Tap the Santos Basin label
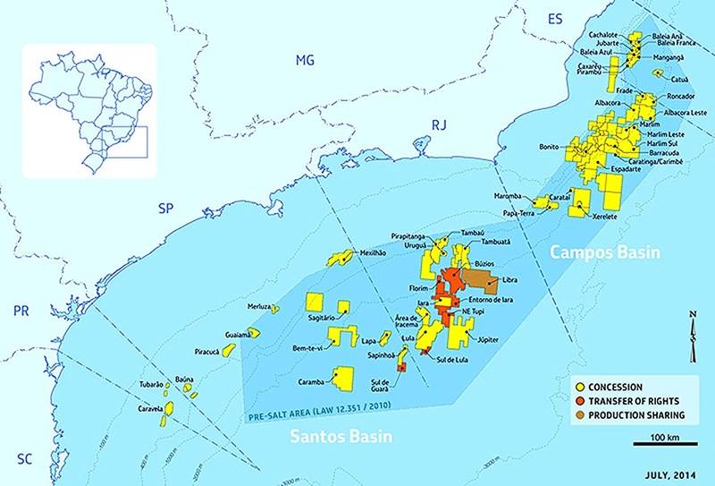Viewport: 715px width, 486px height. (x=343, y=436)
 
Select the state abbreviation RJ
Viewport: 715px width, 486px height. (x=439, y=125)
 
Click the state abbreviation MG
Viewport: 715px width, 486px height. (x=306, y=60)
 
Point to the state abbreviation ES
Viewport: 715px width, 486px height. (x=556, y=19)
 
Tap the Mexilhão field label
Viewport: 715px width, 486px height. (x=376, y=253)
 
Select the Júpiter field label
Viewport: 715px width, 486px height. (x=493, y=340)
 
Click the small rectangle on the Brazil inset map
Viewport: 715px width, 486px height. (x=123, y=141)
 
